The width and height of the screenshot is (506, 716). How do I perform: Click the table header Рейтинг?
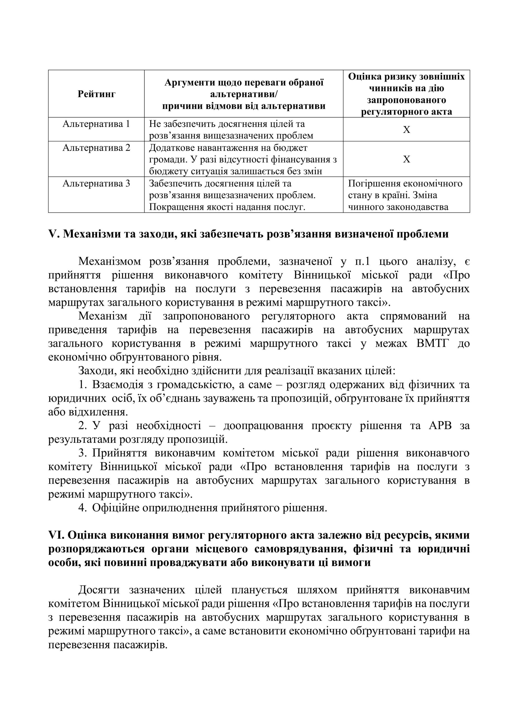(x=96, y=94)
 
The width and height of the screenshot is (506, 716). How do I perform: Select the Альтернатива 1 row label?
(x=96, y=124)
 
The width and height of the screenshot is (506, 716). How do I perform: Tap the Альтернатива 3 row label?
(x=96, y=183)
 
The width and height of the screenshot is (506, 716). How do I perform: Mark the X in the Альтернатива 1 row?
(x=406, y=130)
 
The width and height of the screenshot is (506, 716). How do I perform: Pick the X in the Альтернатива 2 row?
(x=406, y=159)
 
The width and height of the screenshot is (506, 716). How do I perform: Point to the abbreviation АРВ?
(x=441, y=426)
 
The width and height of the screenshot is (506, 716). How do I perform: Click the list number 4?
(x=82, y=508)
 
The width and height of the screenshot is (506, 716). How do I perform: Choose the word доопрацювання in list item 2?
(x=263, y=426)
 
